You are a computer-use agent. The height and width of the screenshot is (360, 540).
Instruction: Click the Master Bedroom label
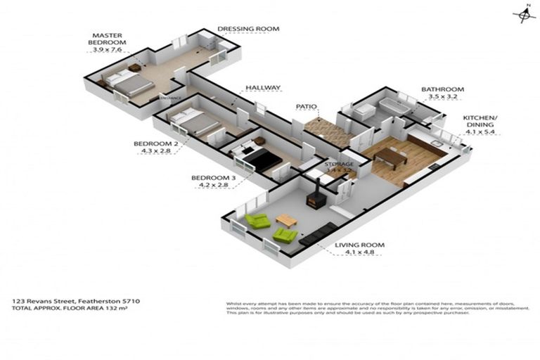(109, 39)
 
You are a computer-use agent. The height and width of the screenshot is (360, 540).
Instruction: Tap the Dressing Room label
(248, 29)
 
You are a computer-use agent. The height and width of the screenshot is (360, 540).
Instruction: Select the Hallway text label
(263, 88)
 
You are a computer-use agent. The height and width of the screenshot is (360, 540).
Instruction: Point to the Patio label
(307, 107)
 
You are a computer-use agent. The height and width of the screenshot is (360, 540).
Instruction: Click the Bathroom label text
(442, 89)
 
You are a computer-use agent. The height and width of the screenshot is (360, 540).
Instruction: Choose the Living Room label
(359, 245)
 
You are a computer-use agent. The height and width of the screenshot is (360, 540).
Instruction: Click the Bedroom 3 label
(213, 178)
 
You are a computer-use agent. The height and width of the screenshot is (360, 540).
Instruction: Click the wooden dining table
(390, 156)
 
